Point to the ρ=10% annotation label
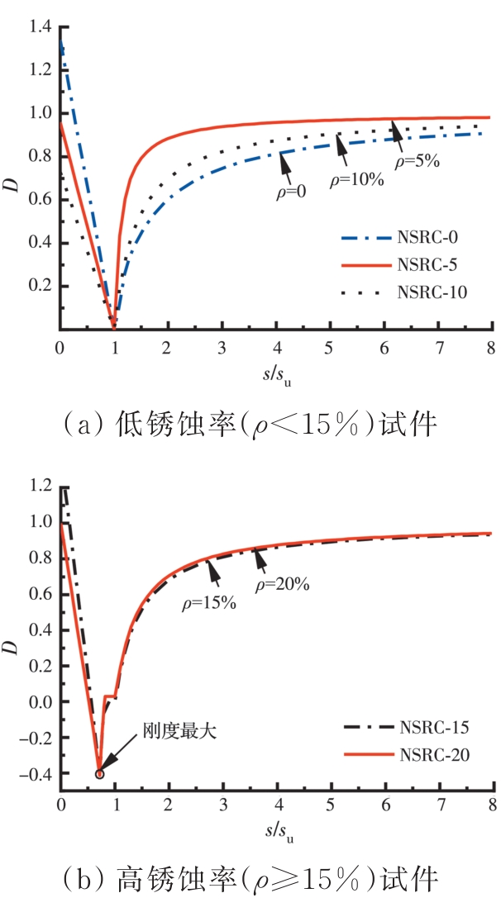coord(357,179)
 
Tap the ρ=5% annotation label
coord(417,162)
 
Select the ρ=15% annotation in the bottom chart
coord(210,602)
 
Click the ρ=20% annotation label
coord(282,585)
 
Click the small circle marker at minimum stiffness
coord(100,774)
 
